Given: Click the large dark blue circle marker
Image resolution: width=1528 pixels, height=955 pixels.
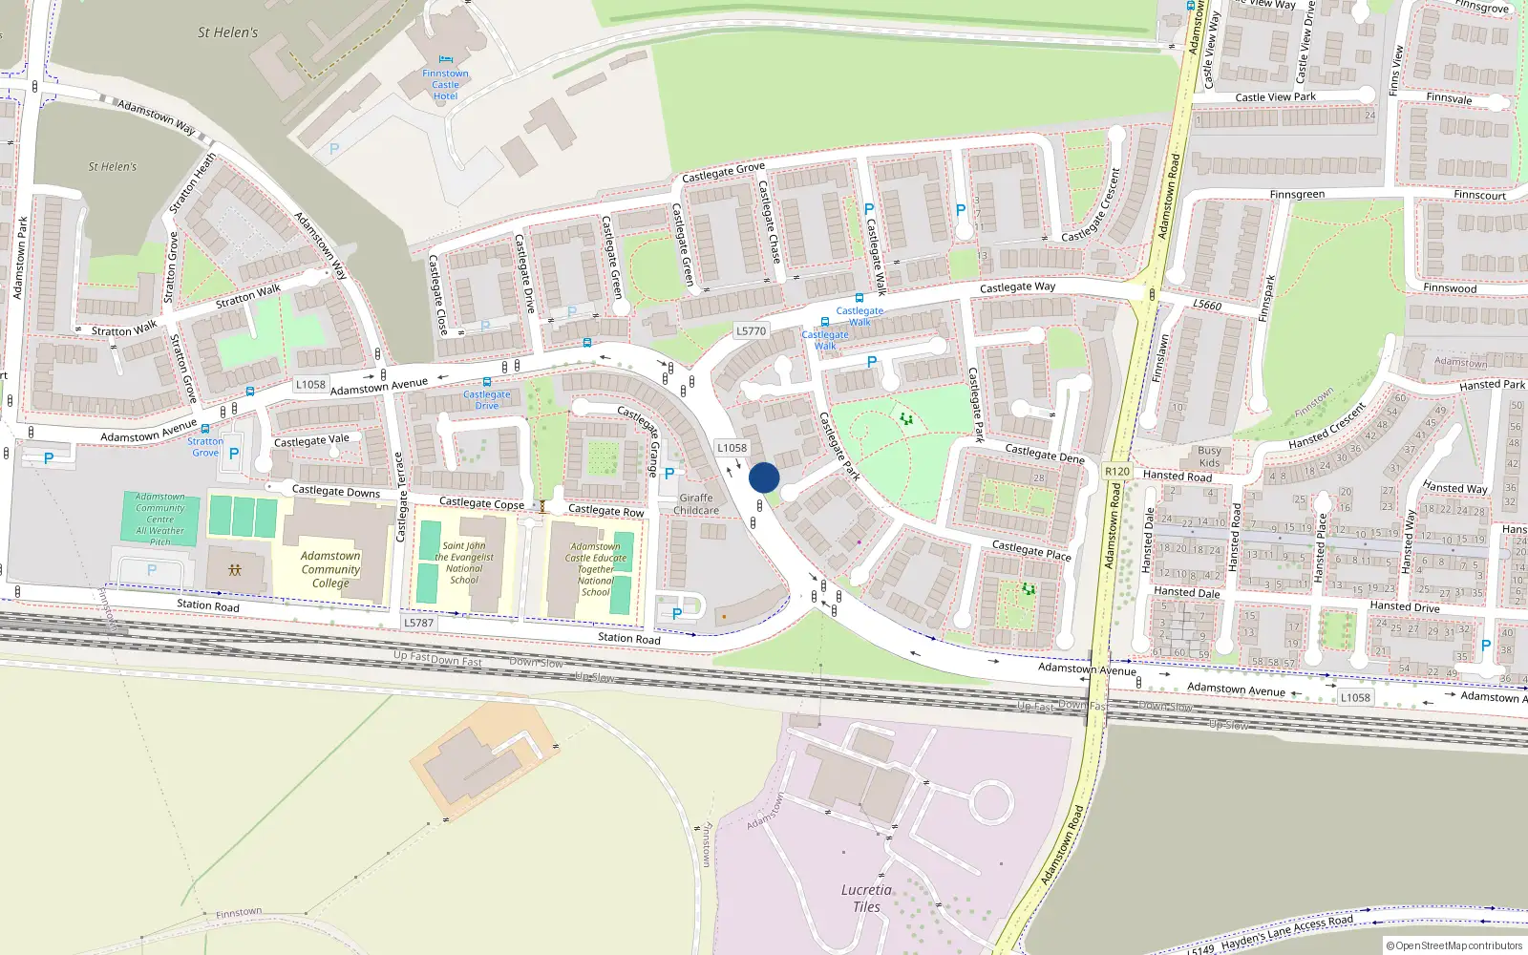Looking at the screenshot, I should (764, 478).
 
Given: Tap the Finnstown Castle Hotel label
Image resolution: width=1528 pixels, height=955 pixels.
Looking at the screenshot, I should (445, 85).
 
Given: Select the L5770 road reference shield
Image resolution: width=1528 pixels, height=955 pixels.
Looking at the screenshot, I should (751, 330).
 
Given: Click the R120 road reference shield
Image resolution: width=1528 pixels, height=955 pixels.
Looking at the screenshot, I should (1116, 471).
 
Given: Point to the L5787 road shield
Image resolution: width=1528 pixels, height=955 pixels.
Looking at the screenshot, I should (418, 623).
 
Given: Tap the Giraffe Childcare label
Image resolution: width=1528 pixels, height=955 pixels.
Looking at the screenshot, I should (696, 504).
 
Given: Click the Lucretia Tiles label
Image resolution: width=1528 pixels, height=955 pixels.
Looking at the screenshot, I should (866, 898).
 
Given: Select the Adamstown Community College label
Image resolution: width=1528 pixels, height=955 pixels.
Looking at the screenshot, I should (330, 569).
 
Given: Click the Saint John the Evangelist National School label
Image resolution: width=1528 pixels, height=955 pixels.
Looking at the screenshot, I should (464, 562).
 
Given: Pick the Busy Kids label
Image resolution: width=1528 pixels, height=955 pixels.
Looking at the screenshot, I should (1209, 456).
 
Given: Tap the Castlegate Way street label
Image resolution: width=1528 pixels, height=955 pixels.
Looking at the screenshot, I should (1017, 286).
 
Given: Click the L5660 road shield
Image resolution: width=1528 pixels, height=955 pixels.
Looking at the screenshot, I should (1207, 305).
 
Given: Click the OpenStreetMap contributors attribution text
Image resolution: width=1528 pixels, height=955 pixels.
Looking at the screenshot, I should (1454, 945).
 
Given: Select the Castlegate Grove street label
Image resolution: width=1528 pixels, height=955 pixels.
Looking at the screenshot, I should (723, 172).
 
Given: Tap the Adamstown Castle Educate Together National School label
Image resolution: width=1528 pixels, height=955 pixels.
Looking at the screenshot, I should (595, 569).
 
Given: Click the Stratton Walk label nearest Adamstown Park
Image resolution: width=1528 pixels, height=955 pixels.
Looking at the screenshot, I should (124, 330).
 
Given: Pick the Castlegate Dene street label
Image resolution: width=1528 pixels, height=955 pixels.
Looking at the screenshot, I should (1045, 453).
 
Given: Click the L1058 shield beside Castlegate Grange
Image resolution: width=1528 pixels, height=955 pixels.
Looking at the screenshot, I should (732, 447).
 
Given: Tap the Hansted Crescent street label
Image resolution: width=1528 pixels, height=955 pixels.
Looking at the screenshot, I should (1326, 427).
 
